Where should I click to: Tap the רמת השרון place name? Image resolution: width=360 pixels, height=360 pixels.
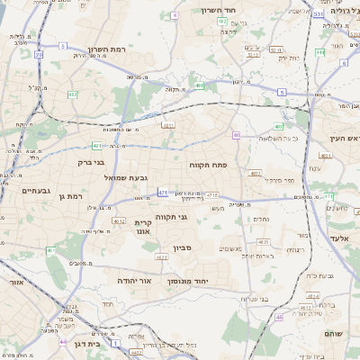pos(108,50)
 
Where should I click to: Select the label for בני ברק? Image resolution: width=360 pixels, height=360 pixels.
pos(87,164)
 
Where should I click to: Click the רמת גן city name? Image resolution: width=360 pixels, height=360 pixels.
pos(67,196)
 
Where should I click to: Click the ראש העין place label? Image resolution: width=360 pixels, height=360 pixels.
pos(339,137)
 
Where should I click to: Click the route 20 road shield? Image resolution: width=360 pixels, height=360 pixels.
pos(39,56)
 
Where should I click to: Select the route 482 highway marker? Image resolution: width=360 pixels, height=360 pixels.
pos(71,94)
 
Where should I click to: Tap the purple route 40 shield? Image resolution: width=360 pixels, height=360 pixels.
pos(236,135)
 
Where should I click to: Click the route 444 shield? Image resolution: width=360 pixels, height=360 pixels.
pos(319,52)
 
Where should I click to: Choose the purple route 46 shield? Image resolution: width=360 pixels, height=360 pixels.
pos(280,317)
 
